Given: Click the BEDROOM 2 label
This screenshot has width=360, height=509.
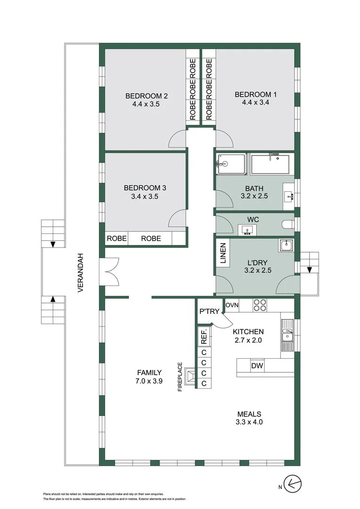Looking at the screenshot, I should tap(147, 96).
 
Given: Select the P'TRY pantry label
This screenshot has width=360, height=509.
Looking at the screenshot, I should tap(209, 312).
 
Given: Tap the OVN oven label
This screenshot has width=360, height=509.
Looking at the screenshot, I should tap(232, 305).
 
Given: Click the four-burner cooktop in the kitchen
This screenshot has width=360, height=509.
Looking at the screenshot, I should tap(260, 305).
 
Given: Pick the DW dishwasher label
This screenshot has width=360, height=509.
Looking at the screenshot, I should tap(257, 366).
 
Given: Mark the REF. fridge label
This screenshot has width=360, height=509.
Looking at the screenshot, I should tap(204, 337).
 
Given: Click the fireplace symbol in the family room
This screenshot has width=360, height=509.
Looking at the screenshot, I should tap(190, 376).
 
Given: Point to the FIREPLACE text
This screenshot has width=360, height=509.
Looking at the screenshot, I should tap(180, 377).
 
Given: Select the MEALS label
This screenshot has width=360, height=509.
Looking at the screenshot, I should tap(249, 414).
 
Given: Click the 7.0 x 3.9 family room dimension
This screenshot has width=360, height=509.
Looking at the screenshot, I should tap(149, 381).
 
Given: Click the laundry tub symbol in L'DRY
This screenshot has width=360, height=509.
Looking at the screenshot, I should tap(286, 246).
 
